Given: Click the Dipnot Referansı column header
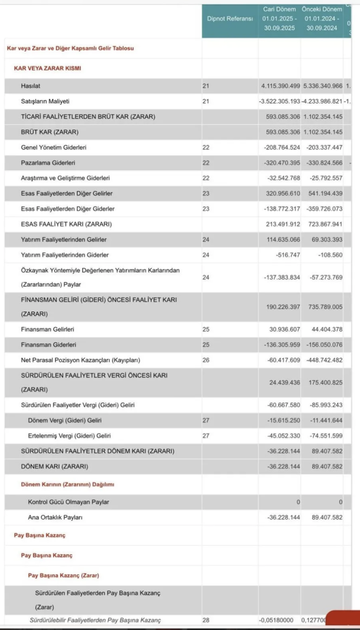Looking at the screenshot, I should (x=230, y=19).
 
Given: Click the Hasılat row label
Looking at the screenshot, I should (x=31, y=86).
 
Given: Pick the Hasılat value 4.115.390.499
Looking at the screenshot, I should (x=280, y=86).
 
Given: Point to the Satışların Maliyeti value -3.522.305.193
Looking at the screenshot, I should (x=280, y=101).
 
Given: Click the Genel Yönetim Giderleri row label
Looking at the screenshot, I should (x=54, y=147).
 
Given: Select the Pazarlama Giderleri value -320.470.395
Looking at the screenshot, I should (x=282, y=163).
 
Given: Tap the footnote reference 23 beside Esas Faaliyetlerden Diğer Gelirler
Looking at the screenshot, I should (x=206, y=193).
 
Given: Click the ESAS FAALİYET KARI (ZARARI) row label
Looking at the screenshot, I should (x=66, y=224).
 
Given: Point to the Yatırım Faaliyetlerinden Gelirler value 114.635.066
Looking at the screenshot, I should (x=283, y=239).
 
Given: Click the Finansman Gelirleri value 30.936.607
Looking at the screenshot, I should (x=285, y=329).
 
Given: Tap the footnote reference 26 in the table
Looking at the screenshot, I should (x=206, y=360).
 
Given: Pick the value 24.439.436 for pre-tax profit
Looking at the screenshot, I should (x=285, y=382).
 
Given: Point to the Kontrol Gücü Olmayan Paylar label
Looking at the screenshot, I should (x=69, y=502).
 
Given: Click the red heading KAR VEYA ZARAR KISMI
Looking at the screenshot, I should (x=47, y=68).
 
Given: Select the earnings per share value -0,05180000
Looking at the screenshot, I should (x=276, y=620).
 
